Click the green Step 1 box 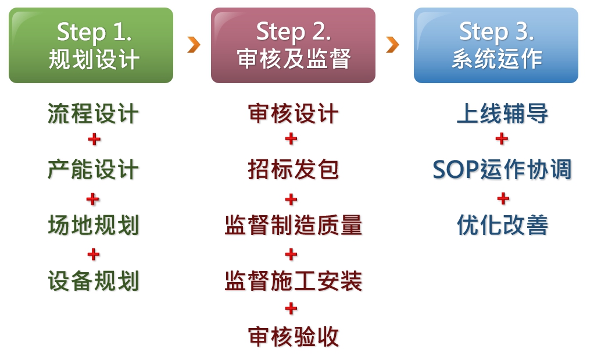coord(91,45)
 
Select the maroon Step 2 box coord(293,45)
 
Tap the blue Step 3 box coord(496,45)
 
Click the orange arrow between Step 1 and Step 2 coord(194,45)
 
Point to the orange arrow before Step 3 coord(392,45)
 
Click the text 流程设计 coord(93,114)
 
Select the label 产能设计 coord(93,169)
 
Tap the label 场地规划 coord(93,225)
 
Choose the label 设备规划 coord(93,281)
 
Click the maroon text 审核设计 coord(293,114)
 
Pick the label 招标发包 coord(293,169)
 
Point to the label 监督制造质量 coord(293,225)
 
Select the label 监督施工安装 coord(293,281)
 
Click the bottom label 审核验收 coord(293,337)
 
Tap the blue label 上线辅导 coord(502,114)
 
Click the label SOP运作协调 coord(502,169)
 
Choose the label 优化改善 coord(502,225)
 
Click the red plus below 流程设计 coord(94,139)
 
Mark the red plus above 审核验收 coord(291,308)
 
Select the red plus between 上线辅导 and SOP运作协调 coord(502,138)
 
